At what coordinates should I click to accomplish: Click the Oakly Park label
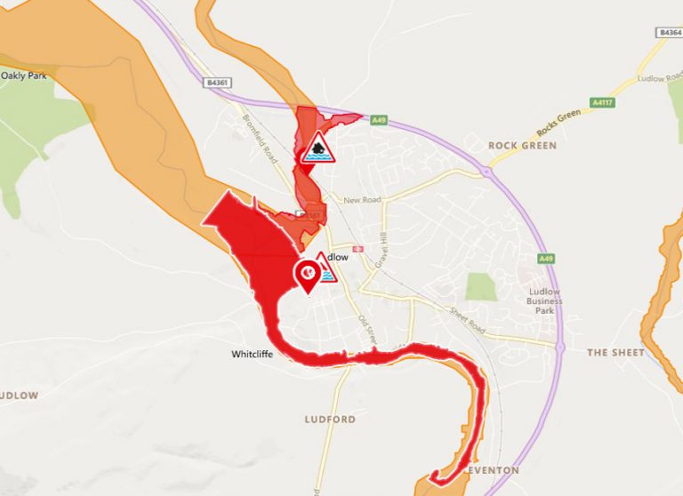[x=23, y=76]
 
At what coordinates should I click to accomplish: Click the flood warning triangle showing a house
[x=317, y=148]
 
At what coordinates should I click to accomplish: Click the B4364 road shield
[x=669, y=32]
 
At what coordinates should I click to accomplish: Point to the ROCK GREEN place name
[x=522, y=145]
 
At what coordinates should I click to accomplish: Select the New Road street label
[x=365, y=200]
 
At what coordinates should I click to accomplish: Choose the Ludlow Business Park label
[x=544, y=301]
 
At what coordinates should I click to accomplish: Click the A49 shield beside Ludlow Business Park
[x=545, y=259]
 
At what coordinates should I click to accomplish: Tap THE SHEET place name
[x=615, y=353]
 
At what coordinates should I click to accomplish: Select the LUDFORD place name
[x=330, y=419]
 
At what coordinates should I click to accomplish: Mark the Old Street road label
[x=368, y=330]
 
